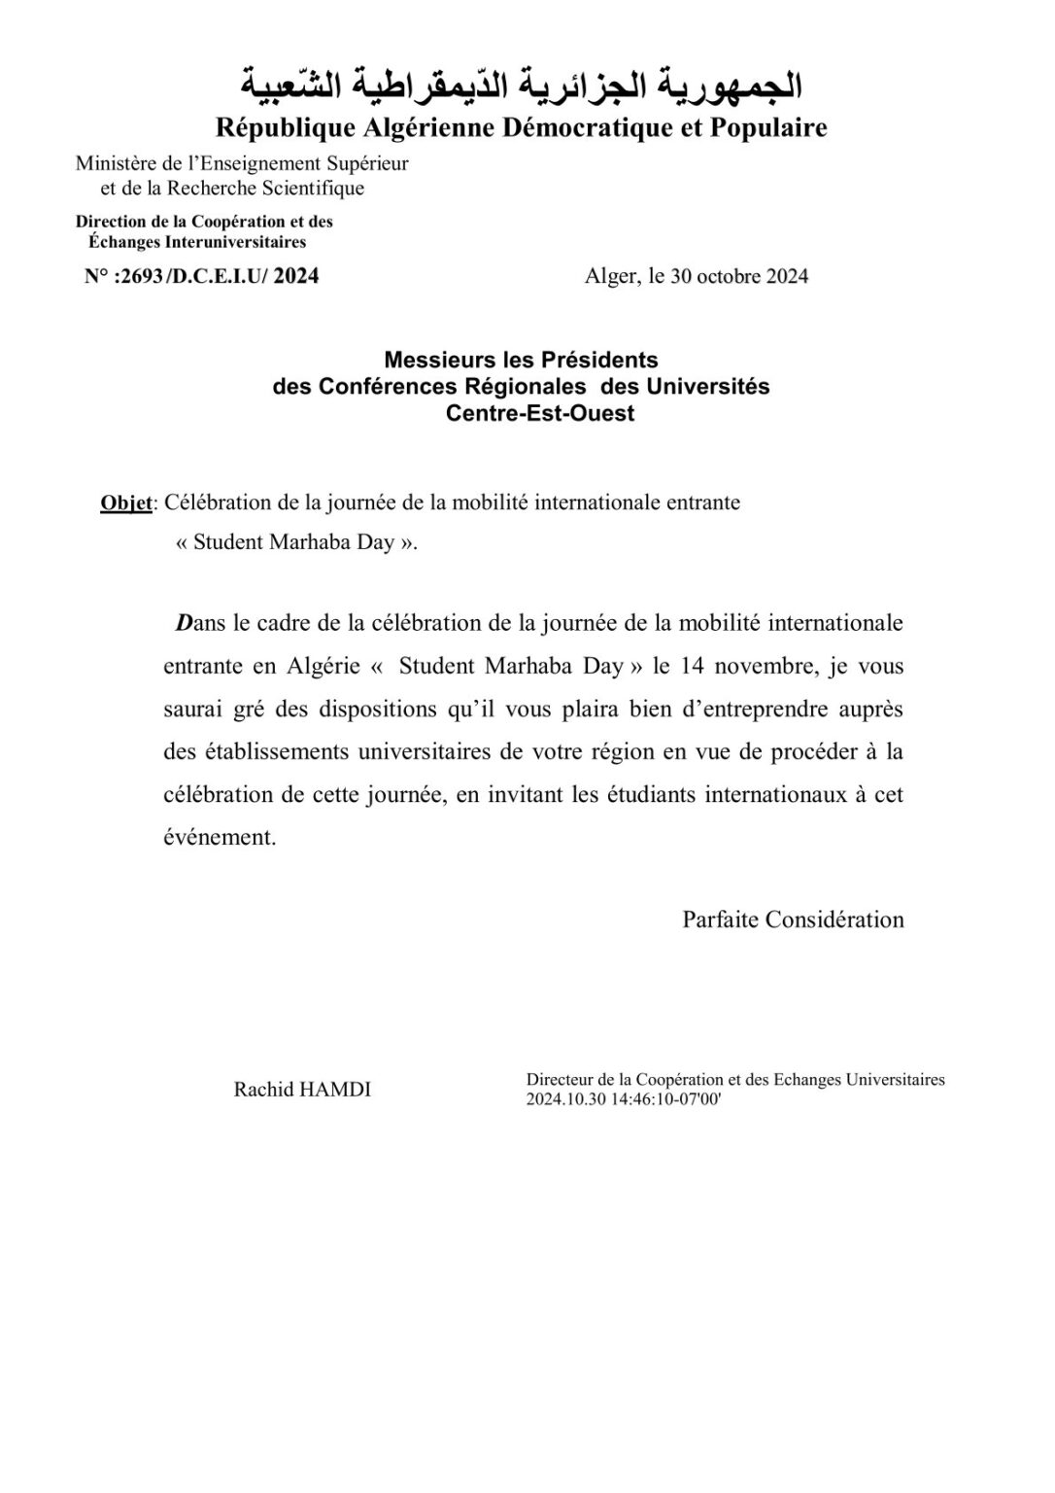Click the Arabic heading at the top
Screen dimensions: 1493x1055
point(521,87)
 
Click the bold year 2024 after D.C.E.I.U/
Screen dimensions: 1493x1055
point(296,276)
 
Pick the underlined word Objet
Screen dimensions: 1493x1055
point(126,503)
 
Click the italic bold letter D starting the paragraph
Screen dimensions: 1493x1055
point(183,623)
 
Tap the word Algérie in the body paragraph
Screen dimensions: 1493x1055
point(323,666)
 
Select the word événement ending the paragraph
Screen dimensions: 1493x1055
point(221,837)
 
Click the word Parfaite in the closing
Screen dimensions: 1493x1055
point(720,920)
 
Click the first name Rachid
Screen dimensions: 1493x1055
point(256,1090)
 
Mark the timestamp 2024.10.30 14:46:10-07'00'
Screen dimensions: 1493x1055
point(624,1099)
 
